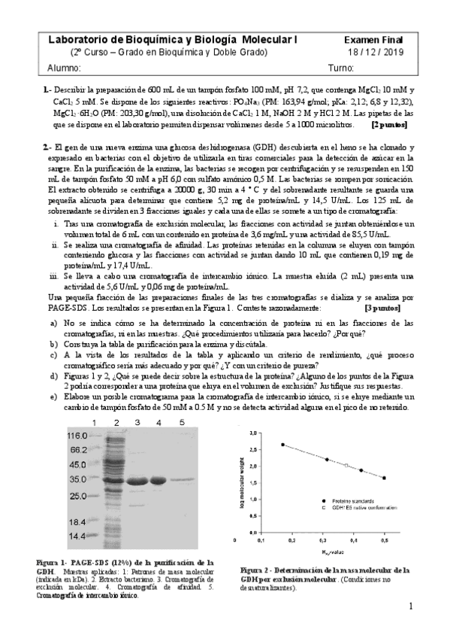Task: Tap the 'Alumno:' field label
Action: [64, 68]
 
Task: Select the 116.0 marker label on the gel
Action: [78, 436]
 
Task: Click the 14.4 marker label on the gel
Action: [78, 536]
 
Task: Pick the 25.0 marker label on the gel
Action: [78, 497]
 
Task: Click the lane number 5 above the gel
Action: [182, 423]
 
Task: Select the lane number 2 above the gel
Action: [117, 424]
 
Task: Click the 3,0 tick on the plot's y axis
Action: [253, 433]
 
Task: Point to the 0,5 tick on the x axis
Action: [385, 540]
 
